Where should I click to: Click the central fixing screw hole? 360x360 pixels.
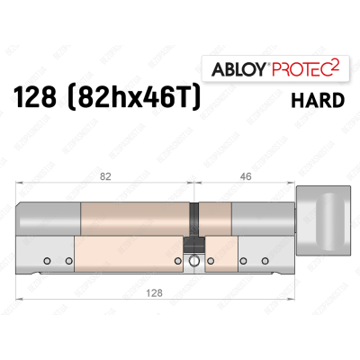tap(193, 261)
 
